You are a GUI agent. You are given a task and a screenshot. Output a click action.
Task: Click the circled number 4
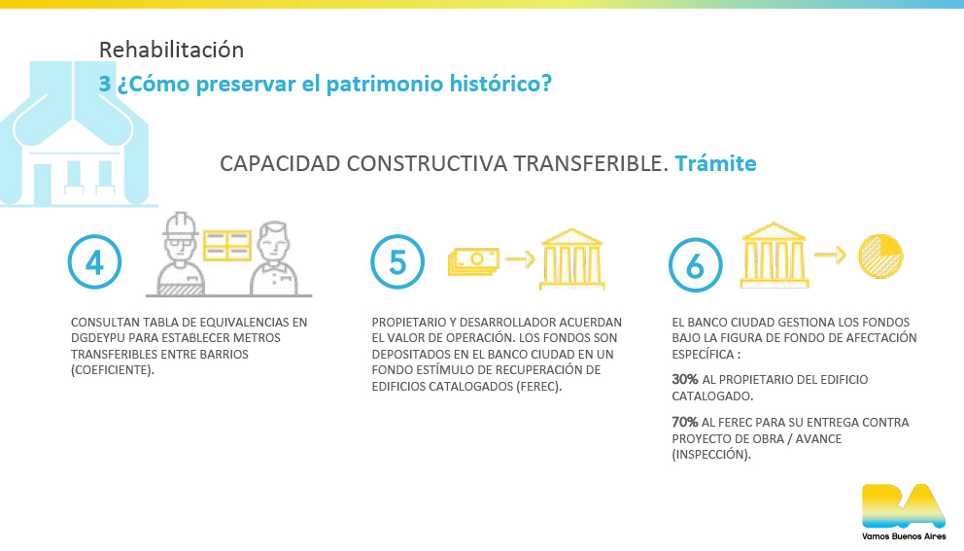94,262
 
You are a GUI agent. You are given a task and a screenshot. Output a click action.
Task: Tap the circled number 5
397,262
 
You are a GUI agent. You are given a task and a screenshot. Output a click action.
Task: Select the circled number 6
696,265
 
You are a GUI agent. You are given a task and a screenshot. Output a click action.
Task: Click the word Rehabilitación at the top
172,50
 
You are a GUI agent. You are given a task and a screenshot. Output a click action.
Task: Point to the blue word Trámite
715,163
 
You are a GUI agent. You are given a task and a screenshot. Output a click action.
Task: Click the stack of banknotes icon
473,260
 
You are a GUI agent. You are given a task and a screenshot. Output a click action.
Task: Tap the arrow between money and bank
520,258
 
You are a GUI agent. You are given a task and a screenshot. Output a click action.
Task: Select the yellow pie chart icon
880,256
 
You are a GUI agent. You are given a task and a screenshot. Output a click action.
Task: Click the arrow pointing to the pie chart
830,255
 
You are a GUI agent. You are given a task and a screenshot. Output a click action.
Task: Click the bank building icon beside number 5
571,258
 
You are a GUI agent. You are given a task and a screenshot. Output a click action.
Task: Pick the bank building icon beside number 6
775,256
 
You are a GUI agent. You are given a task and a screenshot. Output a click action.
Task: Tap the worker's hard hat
180,224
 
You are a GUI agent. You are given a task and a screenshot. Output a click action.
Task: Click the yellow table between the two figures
226,245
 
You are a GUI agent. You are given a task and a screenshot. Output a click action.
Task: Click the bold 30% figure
685,379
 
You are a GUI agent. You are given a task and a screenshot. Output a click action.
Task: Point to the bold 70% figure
685,423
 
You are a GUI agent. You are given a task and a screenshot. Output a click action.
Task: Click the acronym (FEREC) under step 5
539,387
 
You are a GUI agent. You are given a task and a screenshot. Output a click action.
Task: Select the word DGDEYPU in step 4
99,338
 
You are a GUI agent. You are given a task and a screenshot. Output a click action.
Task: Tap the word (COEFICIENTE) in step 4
113,370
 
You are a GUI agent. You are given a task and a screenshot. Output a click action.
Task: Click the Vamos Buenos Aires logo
904,511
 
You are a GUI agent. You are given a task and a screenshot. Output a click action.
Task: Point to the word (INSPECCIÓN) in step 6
711,455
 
